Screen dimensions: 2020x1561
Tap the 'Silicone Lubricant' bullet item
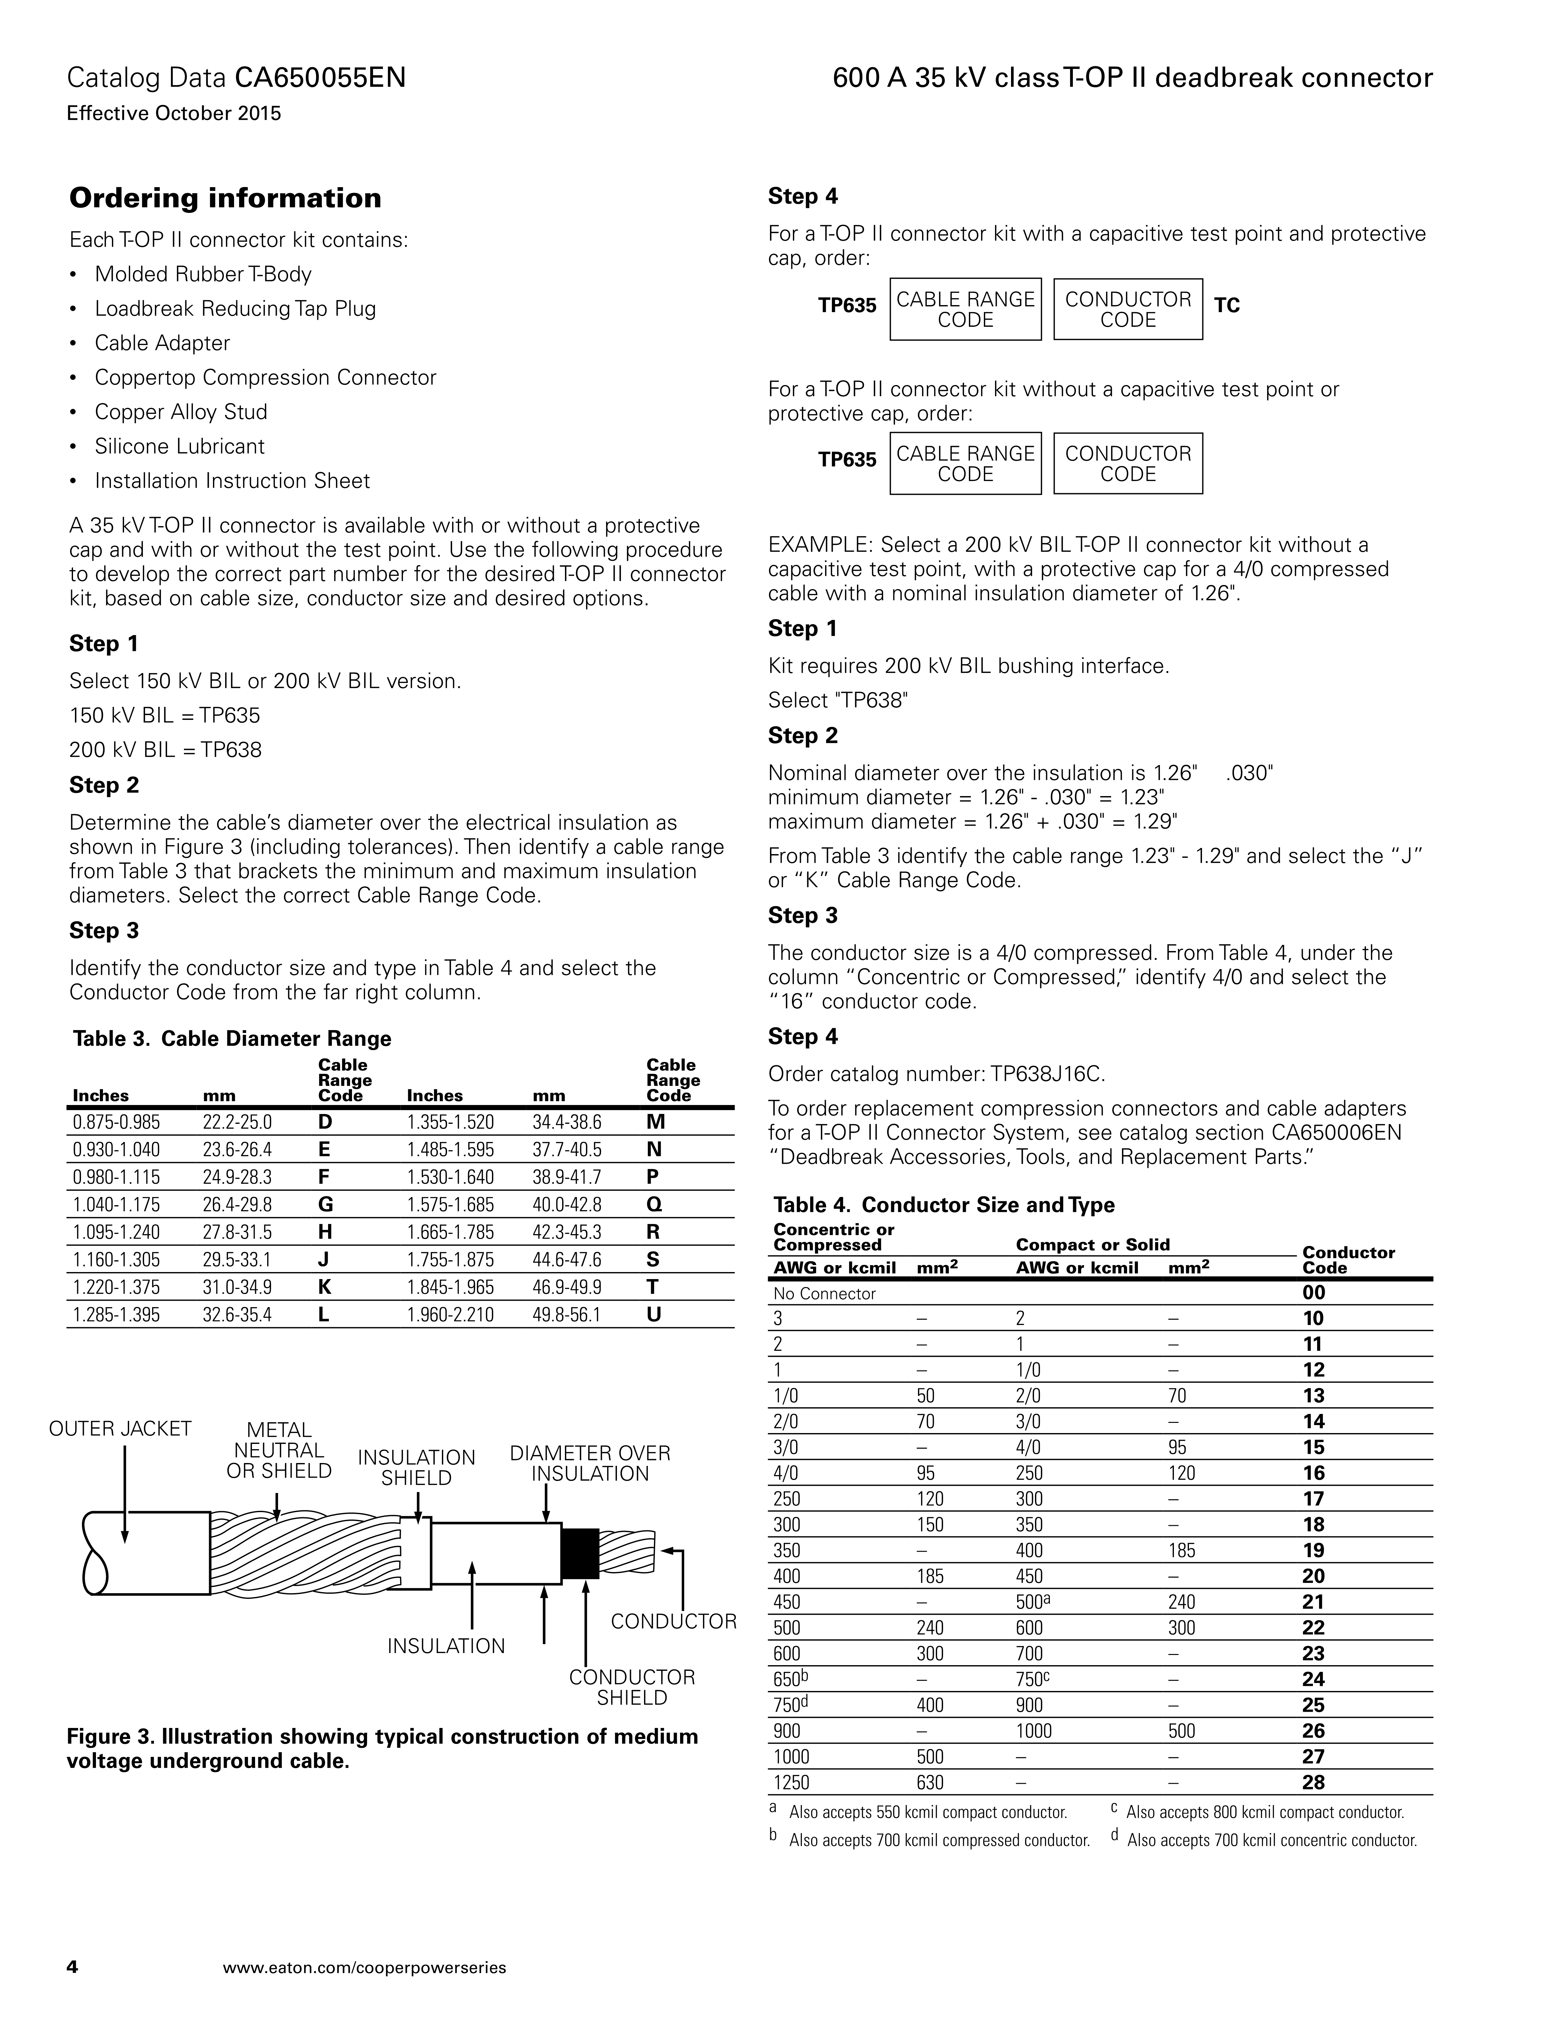(180, 447)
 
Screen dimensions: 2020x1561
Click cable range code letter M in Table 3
(655, 1122)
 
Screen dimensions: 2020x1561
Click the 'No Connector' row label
(824, 1293)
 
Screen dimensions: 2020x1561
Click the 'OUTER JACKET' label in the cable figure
(120, 1429)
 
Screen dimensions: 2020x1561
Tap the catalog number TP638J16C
(1048, 1074)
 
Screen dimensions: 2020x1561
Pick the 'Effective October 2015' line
(174, 114)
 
